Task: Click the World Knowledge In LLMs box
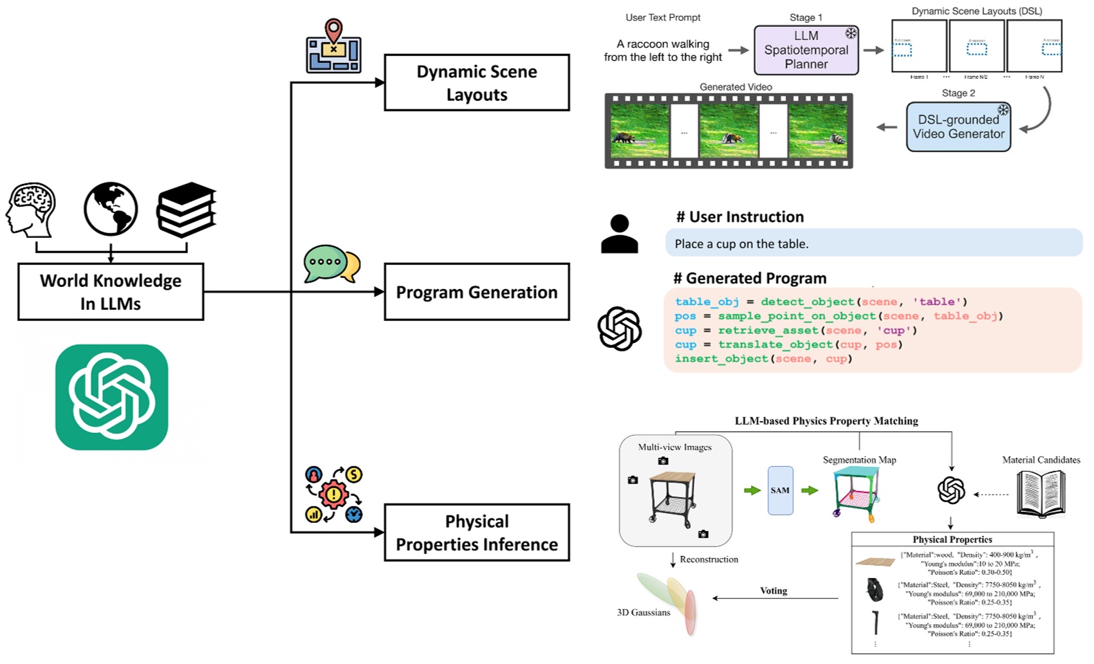[111, 291]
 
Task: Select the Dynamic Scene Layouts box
[476, 82]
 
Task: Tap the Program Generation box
[476, 292]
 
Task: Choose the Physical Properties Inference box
[476, 532]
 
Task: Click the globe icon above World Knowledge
[111, 209]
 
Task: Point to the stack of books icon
[186, 210]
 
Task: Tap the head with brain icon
[31, 210]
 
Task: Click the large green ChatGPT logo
[112, 397]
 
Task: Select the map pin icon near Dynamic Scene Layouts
[333, 46]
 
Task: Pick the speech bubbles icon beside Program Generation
[332, 264]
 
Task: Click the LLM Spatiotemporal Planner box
[806, 50]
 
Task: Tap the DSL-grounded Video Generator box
[958, 127]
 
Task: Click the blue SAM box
[780, 490]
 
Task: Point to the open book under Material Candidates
[1041, 493]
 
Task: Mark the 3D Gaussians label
[643, 612]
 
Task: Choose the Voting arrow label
[773, 591]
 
